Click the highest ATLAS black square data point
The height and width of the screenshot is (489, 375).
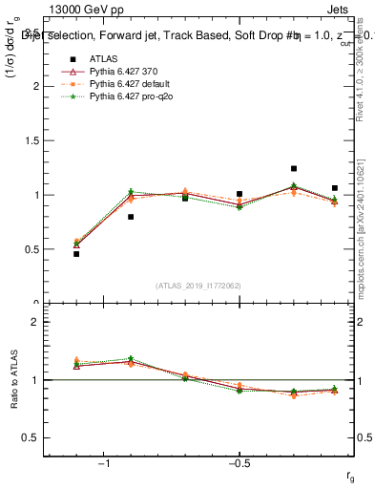294,168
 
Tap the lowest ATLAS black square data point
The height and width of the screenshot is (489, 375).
76,254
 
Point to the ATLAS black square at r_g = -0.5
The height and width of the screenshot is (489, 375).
240,194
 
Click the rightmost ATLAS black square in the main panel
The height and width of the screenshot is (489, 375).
335,188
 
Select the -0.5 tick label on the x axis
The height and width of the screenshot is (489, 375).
239,463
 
